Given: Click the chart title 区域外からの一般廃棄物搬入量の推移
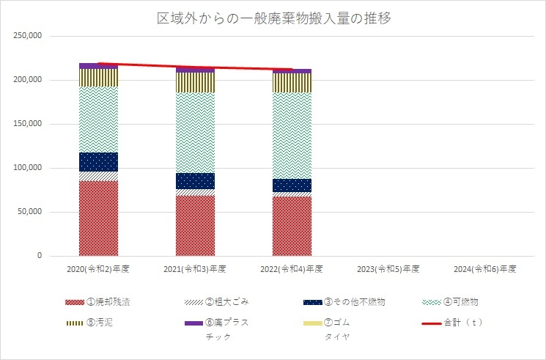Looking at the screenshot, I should click(273, 18).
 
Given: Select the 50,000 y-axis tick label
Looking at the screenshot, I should click(29, 212).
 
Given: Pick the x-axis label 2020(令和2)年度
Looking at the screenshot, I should click(97, 269).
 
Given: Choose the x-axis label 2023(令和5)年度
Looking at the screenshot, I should click(388, 269).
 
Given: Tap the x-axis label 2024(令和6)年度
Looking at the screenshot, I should click(485, 269).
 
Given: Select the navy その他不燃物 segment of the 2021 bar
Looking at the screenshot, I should click(195, 180).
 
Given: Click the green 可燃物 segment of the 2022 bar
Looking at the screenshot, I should click(292, 135).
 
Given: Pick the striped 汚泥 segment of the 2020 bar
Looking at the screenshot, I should click(98, 77).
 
